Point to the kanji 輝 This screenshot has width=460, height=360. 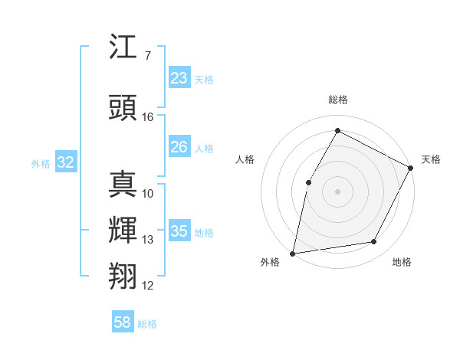tap(123, 229)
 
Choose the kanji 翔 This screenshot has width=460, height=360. tap(123, 274)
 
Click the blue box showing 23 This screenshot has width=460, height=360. tap(179, 78)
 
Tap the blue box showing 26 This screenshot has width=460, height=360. tap(179, 147)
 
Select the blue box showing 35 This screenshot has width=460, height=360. tap(179, 231)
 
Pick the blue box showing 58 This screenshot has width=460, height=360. tap(123, 322)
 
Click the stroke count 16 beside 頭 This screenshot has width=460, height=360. tap(148, 117)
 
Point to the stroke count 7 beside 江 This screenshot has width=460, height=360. tap(147, 56)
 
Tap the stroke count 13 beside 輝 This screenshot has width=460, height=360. tap(148, 240)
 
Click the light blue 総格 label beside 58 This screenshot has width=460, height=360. tap(148, 324)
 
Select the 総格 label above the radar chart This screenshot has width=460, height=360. tap(337, 100)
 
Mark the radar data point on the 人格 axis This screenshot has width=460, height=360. tap(308, 182)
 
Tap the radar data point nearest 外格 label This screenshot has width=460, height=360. tap(292, 253)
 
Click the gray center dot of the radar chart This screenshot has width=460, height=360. tap(337, 191)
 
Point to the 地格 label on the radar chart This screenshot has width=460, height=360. tap(402, 263)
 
